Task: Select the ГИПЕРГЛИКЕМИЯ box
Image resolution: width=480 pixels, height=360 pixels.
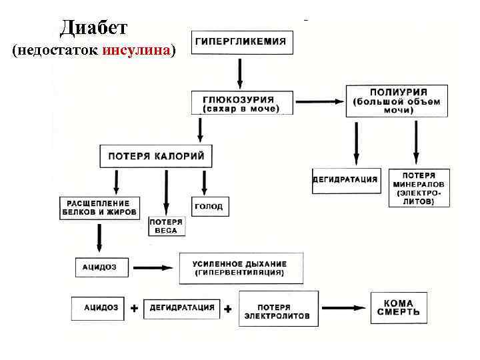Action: click(241, 42)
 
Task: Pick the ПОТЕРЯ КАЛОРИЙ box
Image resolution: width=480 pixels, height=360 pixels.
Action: click(156, 156)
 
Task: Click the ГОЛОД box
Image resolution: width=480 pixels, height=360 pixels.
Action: click(209, 207)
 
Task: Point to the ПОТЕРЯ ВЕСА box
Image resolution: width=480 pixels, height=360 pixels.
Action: click(166, 226)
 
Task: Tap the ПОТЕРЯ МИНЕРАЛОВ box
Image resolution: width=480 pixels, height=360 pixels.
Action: click(419, 187)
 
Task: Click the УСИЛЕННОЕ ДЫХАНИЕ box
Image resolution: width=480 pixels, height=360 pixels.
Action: click(241, 268)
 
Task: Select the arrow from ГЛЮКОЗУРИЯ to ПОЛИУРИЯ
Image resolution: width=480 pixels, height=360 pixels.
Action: click(319, 101)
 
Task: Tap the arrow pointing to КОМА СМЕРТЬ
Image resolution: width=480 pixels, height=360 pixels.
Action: click(343, 308)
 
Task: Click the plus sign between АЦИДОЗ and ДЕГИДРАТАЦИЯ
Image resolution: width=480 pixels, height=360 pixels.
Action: click(134, 309)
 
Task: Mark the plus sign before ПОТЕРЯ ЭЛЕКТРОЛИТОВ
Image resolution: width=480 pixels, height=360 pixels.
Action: click(228, 309)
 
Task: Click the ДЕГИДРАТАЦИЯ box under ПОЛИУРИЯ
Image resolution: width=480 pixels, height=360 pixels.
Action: click(345, 180)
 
